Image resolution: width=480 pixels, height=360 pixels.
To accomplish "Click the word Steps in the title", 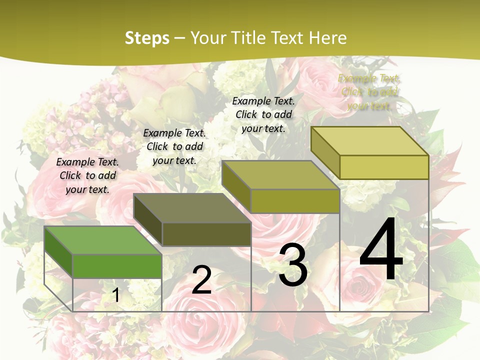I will tap(147, 38).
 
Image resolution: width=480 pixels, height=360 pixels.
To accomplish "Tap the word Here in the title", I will tap(327, 38).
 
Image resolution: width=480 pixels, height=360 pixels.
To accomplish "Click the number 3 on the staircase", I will tap(292, 265).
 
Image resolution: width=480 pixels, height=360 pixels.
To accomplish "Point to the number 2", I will tap(201, 280).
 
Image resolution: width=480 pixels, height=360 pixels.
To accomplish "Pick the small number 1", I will tap(116, 295).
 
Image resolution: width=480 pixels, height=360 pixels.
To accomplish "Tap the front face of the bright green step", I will tap(117, 266).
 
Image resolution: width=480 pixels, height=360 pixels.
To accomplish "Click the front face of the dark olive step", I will tap(206, 234).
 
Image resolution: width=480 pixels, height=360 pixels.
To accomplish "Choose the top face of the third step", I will tap(280, 175).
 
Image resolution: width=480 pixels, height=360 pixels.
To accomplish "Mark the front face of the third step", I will tap(295, 201).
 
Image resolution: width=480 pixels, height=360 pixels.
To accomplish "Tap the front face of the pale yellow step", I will tap(384, 167).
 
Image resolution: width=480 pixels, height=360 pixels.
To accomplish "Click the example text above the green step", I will tap(87, 175).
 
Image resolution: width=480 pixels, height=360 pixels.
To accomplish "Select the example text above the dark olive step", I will tap(174, 146).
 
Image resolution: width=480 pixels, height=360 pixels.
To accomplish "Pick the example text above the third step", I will tap(263, 114).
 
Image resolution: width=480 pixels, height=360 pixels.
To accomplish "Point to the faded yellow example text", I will tap(369, 92).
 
